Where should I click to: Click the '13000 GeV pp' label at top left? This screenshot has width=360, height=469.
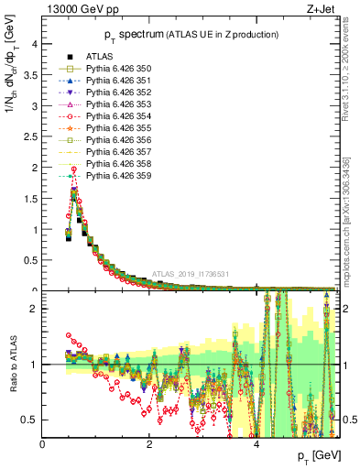75,10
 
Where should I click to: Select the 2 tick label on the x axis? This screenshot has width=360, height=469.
149,442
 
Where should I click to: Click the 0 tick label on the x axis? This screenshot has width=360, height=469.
42,442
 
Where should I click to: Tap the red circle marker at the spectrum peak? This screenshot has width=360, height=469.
73,169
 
